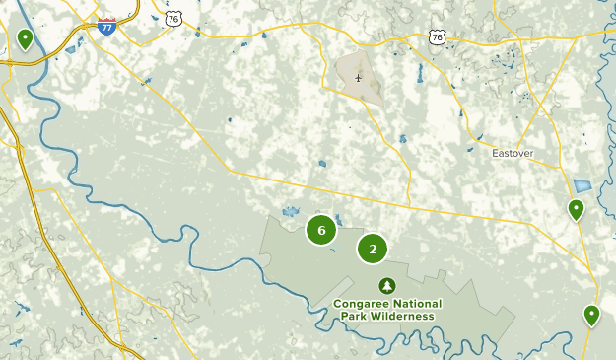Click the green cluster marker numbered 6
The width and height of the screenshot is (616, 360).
click(321, 230)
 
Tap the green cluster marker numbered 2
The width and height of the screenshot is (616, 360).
click(373, 250)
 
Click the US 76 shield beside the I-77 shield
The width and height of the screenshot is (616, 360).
click(146, 18)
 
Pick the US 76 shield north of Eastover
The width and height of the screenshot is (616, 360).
click(437, 36)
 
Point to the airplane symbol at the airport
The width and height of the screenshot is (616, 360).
click(359, 77)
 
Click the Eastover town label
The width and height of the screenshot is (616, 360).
click(513, 153)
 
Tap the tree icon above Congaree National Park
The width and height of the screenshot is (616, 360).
click(387, 285)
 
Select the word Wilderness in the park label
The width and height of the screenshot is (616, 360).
click(402, 316)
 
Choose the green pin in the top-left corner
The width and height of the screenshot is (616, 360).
click(25, 38)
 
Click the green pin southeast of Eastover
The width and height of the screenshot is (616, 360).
click(575, 209)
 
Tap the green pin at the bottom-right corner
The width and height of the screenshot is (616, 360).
click(591, 315)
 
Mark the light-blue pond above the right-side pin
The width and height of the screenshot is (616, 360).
click(582, 185)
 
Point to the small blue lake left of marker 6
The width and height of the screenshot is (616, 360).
click(290, 211)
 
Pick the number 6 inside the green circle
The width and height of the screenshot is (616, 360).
click(321, 230)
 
